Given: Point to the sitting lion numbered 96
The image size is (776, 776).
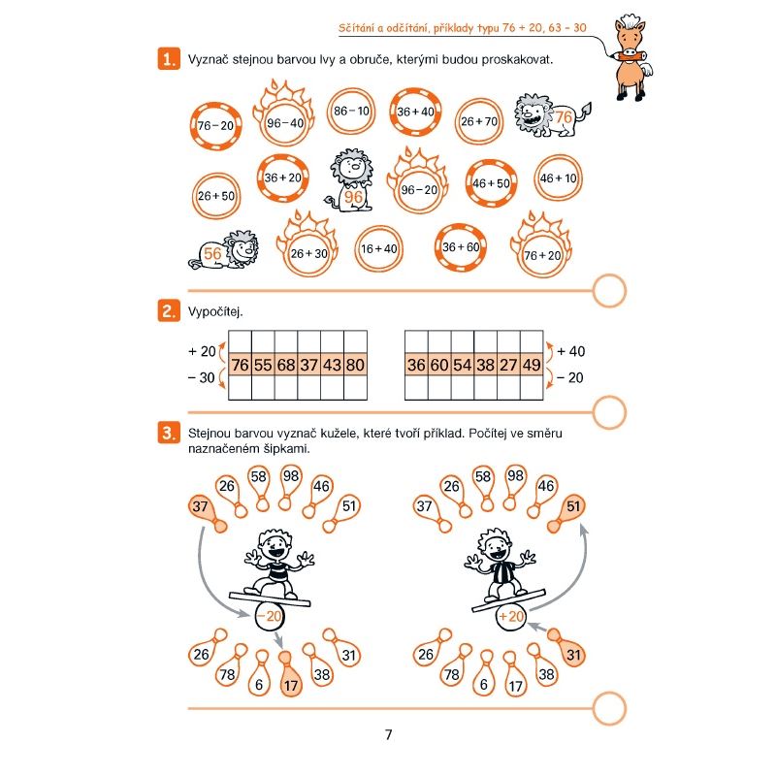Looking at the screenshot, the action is tap(350, 180).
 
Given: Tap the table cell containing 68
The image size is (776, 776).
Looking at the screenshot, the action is tap(286, 365).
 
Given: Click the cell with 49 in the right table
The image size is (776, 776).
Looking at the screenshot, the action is tap(532, 365).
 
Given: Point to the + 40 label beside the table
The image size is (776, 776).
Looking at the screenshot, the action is tap(570, 351).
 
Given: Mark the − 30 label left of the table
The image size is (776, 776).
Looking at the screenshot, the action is tap(202, 377).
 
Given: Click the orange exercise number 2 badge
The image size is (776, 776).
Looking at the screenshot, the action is tap(169, 310).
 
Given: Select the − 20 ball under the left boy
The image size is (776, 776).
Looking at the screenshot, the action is tap(270, 616).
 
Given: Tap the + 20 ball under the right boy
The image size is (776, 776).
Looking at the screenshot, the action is tap(511, 617).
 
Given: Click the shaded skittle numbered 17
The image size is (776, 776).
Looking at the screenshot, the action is tap(290, 675).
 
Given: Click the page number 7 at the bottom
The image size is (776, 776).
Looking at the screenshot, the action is tap(389, 734).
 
